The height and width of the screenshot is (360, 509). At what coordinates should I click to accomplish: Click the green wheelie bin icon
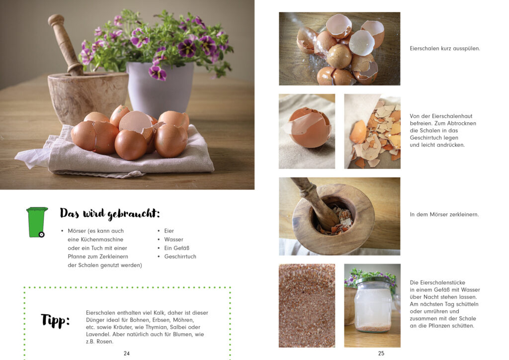[x=37, y=222]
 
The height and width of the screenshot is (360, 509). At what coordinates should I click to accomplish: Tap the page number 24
[x=127, y=353]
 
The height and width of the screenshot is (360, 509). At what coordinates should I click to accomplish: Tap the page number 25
[x=381, y=353]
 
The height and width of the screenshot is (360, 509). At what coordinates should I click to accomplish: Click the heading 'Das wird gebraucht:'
[x=110, y=213]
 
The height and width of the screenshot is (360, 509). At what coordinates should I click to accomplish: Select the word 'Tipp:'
[x=55, y=321]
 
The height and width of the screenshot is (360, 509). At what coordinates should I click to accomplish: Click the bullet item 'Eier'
[x=169, y=231]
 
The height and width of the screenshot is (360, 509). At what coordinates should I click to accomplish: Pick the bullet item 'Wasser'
[x=173, y=239]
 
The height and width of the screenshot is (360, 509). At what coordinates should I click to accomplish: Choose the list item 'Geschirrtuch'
[x=180, y=257]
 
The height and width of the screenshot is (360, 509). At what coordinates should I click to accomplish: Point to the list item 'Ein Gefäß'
[x=176, y=248]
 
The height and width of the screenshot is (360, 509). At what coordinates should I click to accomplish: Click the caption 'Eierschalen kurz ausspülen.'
[x=445, y=48]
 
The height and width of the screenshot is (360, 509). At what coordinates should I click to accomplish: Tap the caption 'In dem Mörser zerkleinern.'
[x=444, y=214]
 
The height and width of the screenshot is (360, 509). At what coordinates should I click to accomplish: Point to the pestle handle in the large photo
[x=65, y=44]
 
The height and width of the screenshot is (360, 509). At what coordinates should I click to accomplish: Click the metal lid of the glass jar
[x=373, y=281]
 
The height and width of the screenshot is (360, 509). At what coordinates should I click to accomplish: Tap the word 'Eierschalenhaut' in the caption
[x=452, y=116]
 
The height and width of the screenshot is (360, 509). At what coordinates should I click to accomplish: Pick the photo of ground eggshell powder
[x=307, y=305]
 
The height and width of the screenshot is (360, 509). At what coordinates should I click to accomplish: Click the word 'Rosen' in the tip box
[x=104, y=342]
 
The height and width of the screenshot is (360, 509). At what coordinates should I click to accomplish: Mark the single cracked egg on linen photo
[x=307, y=131]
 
